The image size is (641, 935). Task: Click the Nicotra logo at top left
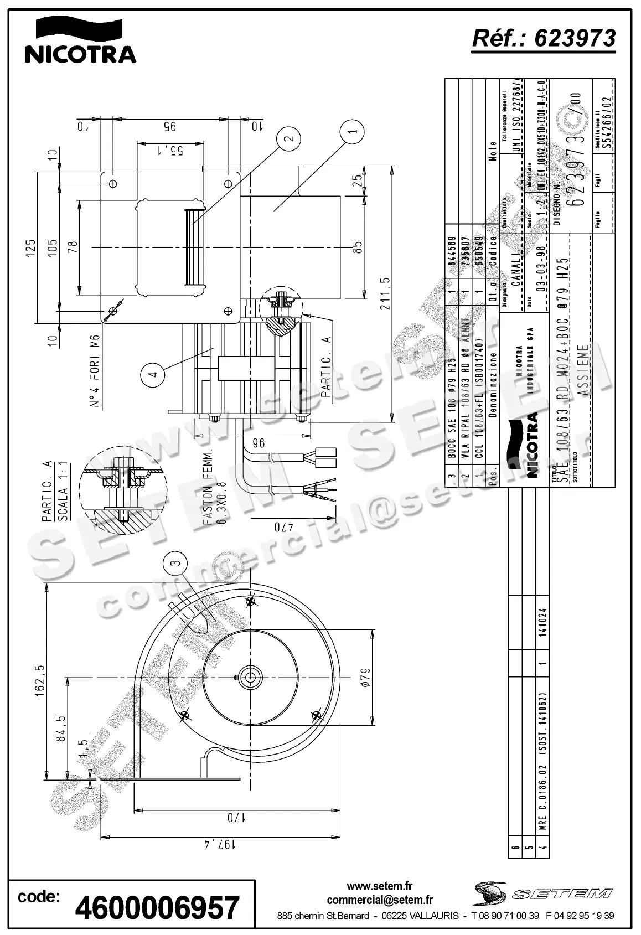[80, 40]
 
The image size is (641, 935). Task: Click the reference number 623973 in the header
[544, 38]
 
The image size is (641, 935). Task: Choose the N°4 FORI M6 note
[95, 371]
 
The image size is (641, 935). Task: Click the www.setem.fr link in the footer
[379, 887]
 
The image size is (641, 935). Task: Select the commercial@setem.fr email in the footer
[379, 900]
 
